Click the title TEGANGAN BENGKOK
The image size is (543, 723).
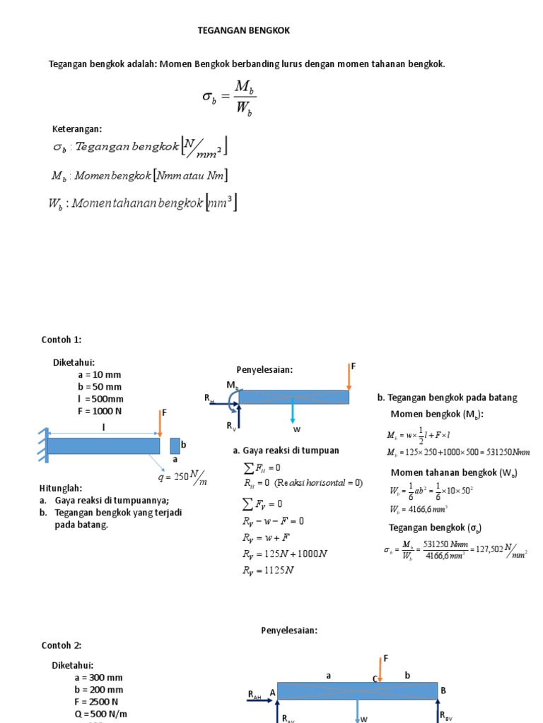tap(243, 31)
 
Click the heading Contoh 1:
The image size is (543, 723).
tap(62, 340)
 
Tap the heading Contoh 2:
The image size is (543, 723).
tap(62, 645)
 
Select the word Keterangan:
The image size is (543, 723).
tap(78, 129)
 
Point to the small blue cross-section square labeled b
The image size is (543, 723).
tap(175, 446)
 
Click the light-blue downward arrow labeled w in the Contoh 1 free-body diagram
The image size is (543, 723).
tap(292, 412)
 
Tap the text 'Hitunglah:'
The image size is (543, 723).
tap(61, 489)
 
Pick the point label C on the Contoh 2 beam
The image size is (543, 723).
tap(375, 679)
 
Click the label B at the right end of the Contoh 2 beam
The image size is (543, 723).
tap(443, 690)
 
